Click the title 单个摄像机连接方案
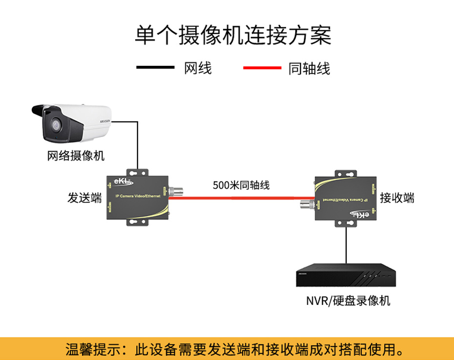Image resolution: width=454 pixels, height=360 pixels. (233, 35)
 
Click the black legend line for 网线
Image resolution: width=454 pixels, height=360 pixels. (155, 67)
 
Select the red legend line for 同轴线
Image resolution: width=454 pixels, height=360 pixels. (262, 67)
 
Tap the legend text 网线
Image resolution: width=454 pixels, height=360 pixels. (198, 68)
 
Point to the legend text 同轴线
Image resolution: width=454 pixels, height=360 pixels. (309, 68)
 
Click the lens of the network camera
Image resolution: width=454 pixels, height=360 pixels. (53, 125)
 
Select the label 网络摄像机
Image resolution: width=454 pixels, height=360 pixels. (76, 156)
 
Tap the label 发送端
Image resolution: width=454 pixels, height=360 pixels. (84, 198)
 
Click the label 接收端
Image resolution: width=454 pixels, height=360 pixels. (397, 198)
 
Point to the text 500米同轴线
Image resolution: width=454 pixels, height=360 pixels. (241, 185)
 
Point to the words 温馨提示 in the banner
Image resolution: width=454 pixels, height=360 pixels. (87, 349)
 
